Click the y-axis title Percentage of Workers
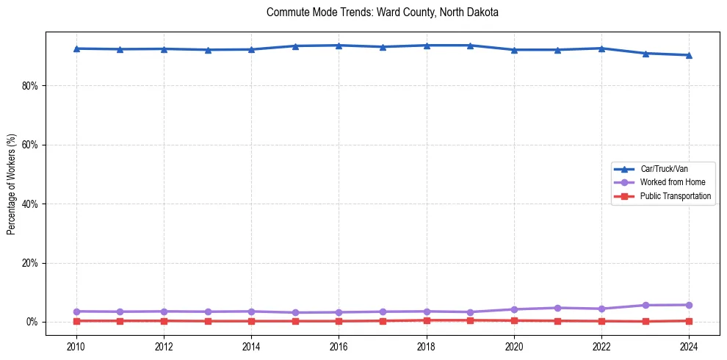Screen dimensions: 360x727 click(x=12, y=184)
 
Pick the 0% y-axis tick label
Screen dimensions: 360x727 click(x=32, y=322)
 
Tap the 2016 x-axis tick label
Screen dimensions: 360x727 click(x=339, y=346)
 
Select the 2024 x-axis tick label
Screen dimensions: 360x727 click(x=689, y=346)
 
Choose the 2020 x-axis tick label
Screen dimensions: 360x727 click(x=514, y=346)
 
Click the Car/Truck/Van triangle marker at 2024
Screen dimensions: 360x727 click(x=689, y=55)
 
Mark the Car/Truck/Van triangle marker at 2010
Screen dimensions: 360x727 click(x=76, y=48)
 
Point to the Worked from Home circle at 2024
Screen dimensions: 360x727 click(x=689, y=305)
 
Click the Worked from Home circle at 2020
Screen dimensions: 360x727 click(x=514, y=309)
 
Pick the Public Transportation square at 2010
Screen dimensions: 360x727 click(x=76, y=321)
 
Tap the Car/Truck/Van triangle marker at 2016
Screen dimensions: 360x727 click(x=339, y=46)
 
